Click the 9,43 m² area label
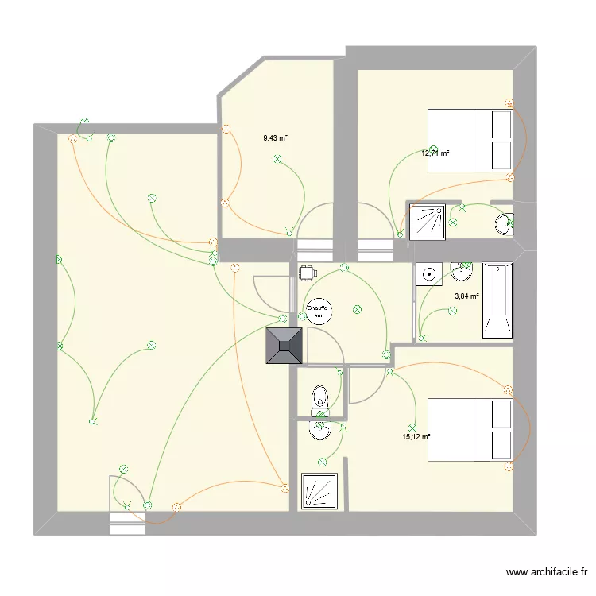[275, 137]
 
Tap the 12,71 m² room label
[435, 153]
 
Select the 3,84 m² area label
[466, 296]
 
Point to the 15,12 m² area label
[416, 436]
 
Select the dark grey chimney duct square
[285, 346]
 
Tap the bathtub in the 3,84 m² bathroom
[497, 300]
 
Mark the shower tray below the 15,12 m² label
[321, 491]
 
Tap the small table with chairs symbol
[307, 273]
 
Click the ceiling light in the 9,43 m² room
[277, 159]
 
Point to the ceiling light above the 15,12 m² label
[412, 427]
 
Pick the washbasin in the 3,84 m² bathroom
[460, 273]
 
